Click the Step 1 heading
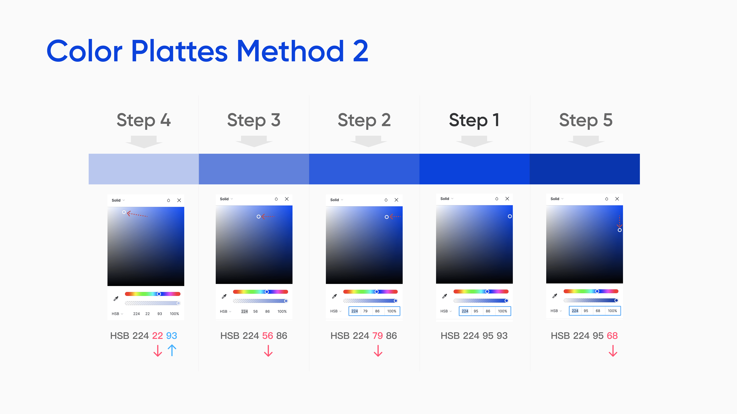coord(474,120)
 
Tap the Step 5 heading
coord(586,120)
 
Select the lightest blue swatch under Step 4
coord(144,169)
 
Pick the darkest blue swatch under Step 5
coord(585,169)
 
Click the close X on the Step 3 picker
coord(287,199)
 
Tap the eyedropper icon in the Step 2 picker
coord(334,296)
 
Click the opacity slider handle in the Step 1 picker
coord(506,301)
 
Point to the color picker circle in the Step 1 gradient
coord(510,216)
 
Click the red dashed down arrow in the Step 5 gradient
coord(619,221)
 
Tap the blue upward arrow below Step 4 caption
coord(172,350)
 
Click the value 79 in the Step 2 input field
coord(365,311)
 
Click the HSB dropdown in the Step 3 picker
coord(226,311)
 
